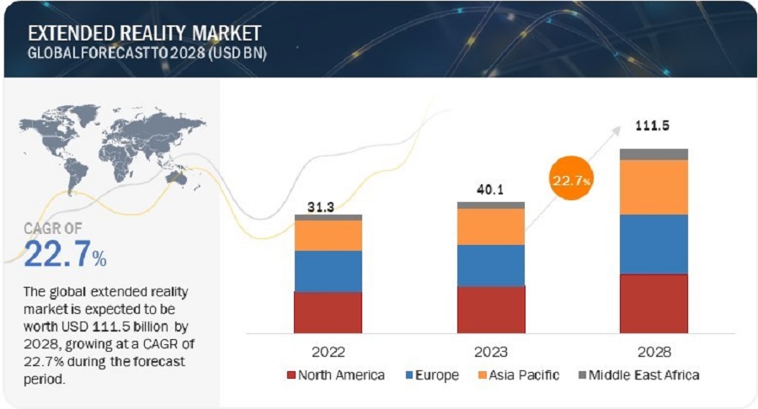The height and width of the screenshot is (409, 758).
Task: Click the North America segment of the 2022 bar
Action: pos(328,311)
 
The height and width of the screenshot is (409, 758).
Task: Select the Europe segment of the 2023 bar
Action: pos(491,265)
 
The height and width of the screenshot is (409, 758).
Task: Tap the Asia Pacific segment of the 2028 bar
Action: pos(654,187)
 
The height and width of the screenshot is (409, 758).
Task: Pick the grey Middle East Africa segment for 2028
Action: pos(654,154)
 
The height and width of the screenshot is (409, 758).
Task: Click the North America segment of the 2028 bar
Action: pos(654,303)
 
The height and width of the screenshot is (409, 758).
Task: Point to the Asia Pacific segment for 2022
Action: pos(328,235)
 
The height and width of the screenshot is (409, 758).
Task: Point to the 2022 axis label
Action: pos(328,351)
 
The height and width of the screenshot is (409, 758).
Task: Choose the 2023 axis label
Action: pos(491,351)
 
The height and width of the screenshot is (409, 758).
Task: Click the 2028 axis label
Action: pos(654,351)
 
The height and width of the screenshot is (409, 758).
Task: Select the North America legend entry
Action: pos(337,374)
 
